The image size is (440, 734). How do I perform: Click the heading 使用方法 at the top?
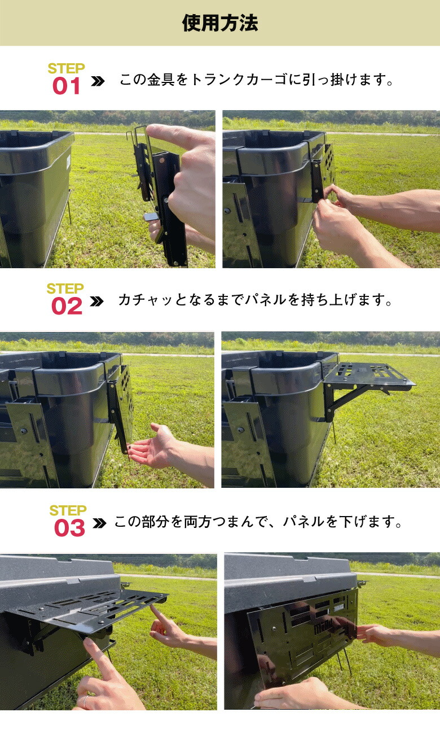(220, 23)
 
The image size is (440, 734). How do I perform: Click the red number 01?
(67, 86)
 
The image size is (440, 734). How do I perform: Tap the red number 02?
(67, 307)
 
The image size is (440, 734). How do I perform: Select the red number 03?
(69, 528)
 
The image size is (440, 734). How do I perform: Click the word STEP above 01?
(66, 68)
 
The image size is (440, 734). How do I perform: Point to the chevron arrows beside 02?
(97, 302)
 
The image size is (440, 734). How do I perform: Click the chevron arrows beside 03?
(99, 523)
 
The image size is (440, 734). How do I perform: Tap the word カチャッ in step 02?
(139, 300)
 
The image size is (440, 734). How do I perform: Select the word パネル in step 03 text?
(307, 522)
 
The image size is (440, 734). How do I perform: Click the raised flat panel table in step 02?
(369, 376)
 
